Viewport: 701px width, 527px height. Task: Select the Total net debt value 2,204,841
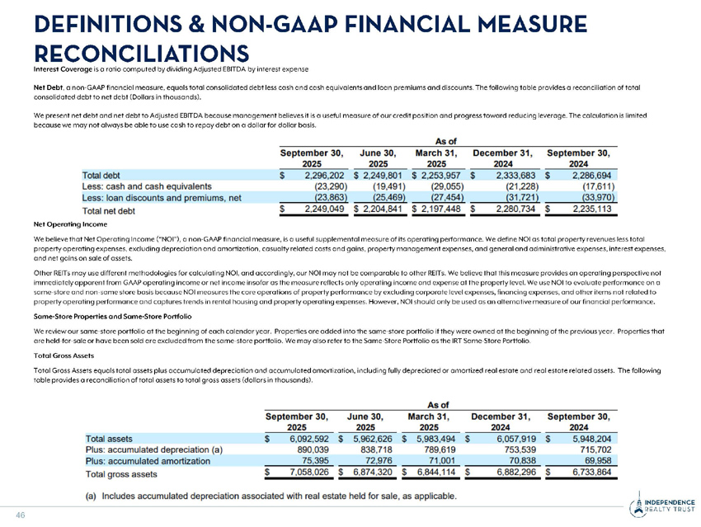380,209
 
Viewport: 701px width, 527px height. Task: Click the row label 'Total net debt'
112,210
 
